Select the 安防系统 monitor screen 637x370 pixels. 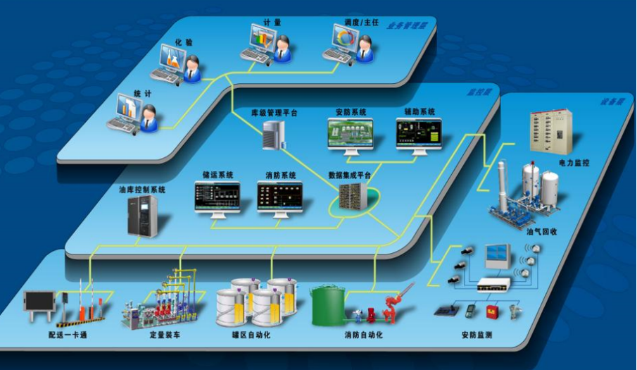coord(350,132)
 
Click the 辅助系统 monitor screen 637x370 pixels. coord(419,130)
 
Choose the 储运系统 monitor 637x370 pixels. coord(217,197)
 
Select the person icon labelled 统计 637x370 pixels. coord(149,118)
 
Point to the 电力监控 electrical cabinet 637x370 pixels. coord(550,131)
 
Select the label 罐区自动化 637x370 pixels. coord(251,335)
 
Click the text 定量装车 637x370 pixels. coord(164,335)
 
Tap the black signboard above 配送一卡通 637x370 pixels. coord(39,302)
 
